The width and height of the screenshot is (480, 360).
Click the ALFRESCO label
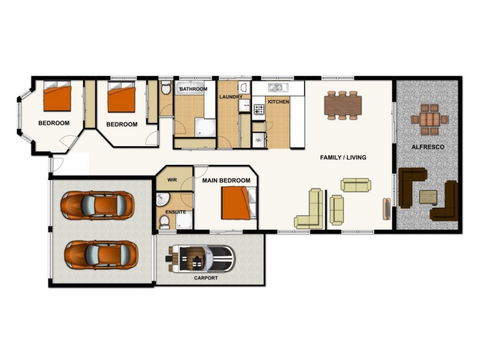pyautogui.click(x=427, y=147)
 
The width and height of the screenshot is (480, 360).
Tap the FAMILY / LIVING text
pyautogui.click(x=343, y=158)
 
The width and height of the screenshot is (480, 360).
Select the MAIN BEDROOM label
pyautogui.click(x=226, y=181)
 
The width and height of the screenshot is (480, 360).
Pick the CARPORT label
pyautogui.click(x=206, y=278)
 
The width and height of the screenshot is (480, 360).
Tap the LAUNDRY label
pyautogui.click(x=230, y=97)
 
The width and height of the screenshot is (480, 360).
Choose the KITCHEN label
pyautogui.click(x=278, y=102)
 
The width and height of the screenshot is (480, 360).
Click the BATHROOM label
pyautogui.click(x=193, y=89)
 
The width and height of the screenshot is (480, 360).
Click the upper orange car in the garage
pyautogui.click(x=97, y=205)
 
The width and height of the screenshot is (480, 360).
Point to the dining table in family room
pyautogui.click(x=344, y=106)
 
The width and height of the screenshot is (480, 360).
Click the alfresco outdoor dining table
pyautogui.click(x=430, y=118)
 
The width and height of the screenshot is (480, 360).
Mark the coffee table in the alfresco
pyautogui.click(x=428, y=196)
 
